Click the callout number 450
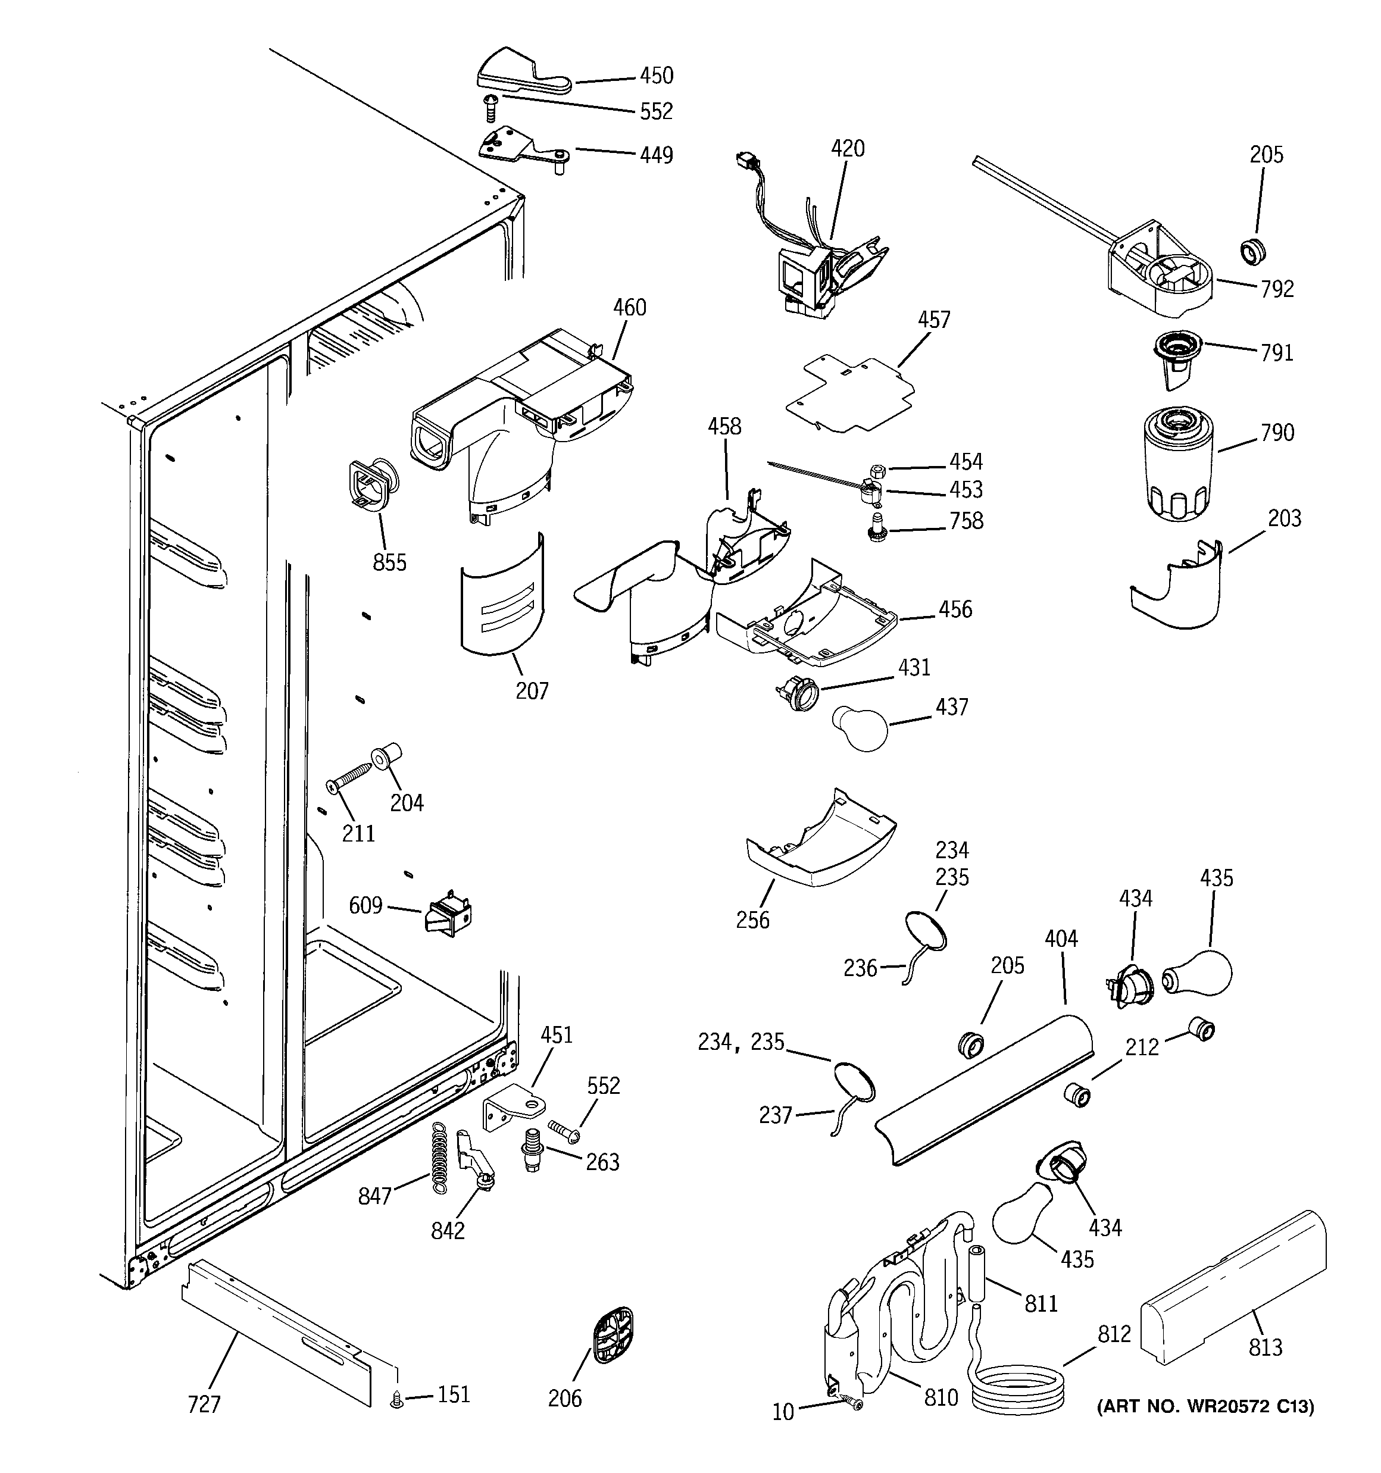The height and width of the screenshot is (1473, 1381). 656,76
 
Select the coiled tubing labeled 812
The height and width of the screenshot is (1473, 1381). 1021,1387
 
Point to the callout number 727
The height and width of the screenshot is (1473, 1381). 204,1404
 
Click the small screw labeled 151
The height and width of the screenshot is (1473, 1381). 396,1400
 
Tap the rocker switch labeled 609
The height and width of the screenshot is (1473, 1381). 448,915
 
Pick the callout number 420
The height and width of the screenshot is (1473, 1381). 846,149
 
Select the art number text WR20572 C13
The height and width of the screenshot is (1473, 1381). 1205,1406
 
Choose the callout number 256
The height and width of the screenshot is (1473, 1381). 752,920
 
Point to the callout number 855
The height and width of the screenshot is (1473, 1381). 389,562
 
